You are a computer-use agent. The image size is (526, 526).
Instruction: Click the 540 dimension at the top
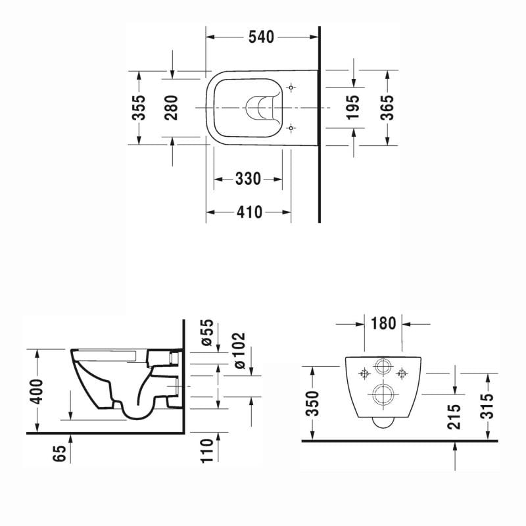[260, 37]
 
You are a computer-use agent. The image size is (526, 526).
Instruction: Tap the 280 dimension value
[172, 107]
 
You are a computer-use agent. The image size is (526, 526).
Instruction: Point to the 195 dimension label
[353, 107]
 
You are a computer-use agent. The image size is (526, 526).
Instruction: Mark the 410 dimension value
[249, 212]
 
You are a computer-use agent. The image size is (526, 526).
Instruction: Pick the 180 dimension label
[383, 323]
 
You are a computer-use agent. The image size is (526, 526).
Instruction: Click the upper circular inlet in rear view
[383, 368]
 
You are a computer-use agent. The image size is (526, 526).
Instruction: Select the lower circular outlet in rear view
[383, 394]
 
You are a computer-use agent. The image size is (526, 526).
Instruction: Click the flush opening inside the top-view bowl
[260, 107]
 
